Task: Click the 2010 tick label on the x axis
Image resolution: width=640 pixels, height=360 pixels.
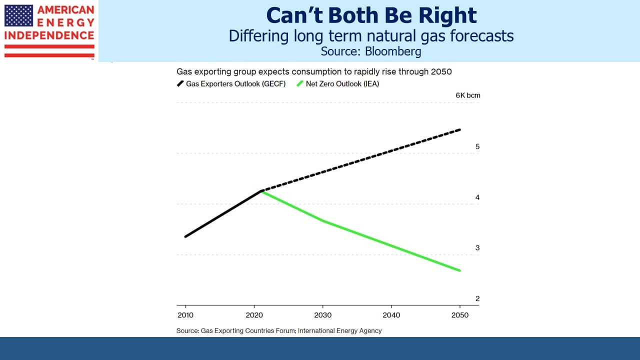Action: pyautogui.click(x=185, y=315)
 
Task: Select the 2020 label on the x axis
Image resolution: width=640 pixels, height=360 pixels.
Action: pyautogui.click(x=254, y=315)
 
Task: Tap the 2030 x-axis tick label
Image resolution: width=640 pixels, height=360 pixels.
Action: pyautogui.click(x=322, y=315)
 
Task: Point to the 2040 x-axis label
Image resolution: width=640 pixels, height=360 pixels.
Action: pyautogui.click(x=391, y=315)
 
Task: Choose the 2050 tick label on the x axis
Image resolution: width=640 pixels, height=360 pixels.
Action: pyautogui.click(x=459, y=315)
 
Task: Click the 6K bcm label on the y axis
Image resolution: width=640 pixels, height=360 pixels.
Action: pyautogui.click(x=467, y=95)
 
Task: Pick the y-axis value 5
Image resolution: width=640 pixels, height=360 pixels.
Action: pyautogui.click(x=477, y=146)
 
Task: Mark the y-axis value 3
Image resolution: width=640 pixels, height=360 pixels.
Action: pyautogui.click(x=477, y=247)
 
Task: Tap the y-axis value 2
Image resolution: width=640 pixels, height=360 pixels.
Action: pyautogui.click(x=477, y=298)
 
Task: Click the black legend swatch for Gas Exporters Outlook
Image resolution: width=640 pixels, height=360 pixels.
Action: pyautogui.click(x=180, y=83)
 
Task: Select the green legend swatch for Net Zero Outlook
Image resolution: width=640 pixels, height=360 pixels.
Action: pyautogui.click(x=300, y=83)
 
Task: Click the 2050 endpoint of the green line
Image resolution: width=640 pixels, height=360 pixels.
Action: pyautogui.click(x=459, y=270)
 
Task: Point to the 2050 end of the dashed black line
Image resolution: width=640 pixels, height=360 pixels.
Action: pyautogui.click(x=459, y=130)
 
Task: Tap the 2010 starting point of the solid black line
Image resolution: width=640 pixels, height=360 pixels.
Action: pyautogui.click(x=185, y=236)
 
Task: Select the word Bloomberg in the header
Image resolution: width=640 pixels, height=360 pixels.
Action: pyautogui.click(x=393, y=51)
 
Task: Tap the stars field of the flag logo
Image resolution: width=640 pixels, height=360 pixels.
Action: pyautogui.click(x=18, y=15)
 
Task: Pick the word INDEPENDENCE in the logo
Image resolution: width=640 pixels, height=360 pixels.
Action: pyautogui.click(x=49, y=35)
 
